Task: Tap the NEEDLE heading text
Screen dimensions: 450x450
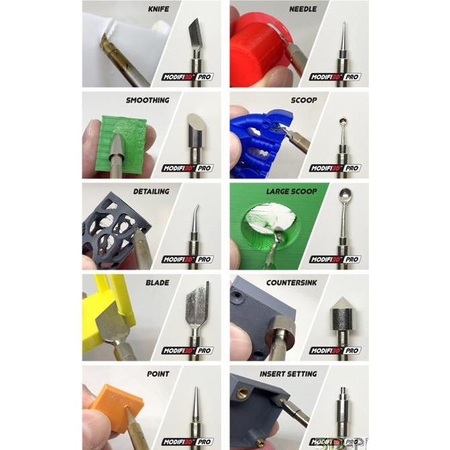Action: (303, 9)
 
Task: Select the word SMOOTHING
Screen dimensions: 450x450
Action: (148, 101)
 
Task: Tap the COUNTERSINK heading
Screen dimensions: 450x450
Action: (292, 282)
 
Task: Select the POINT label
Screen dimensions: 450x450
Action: (157, 374)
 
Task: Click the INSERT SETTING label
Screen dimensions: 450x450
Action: (288, 374)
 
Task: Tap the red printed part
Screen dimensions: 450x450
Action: (258, 47)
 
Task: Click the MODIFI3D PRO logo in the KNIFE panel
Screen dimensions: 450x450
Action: (187, 76)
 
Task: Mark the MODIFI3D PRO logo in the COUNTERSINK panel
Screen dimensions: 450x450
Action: (335, 350)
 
